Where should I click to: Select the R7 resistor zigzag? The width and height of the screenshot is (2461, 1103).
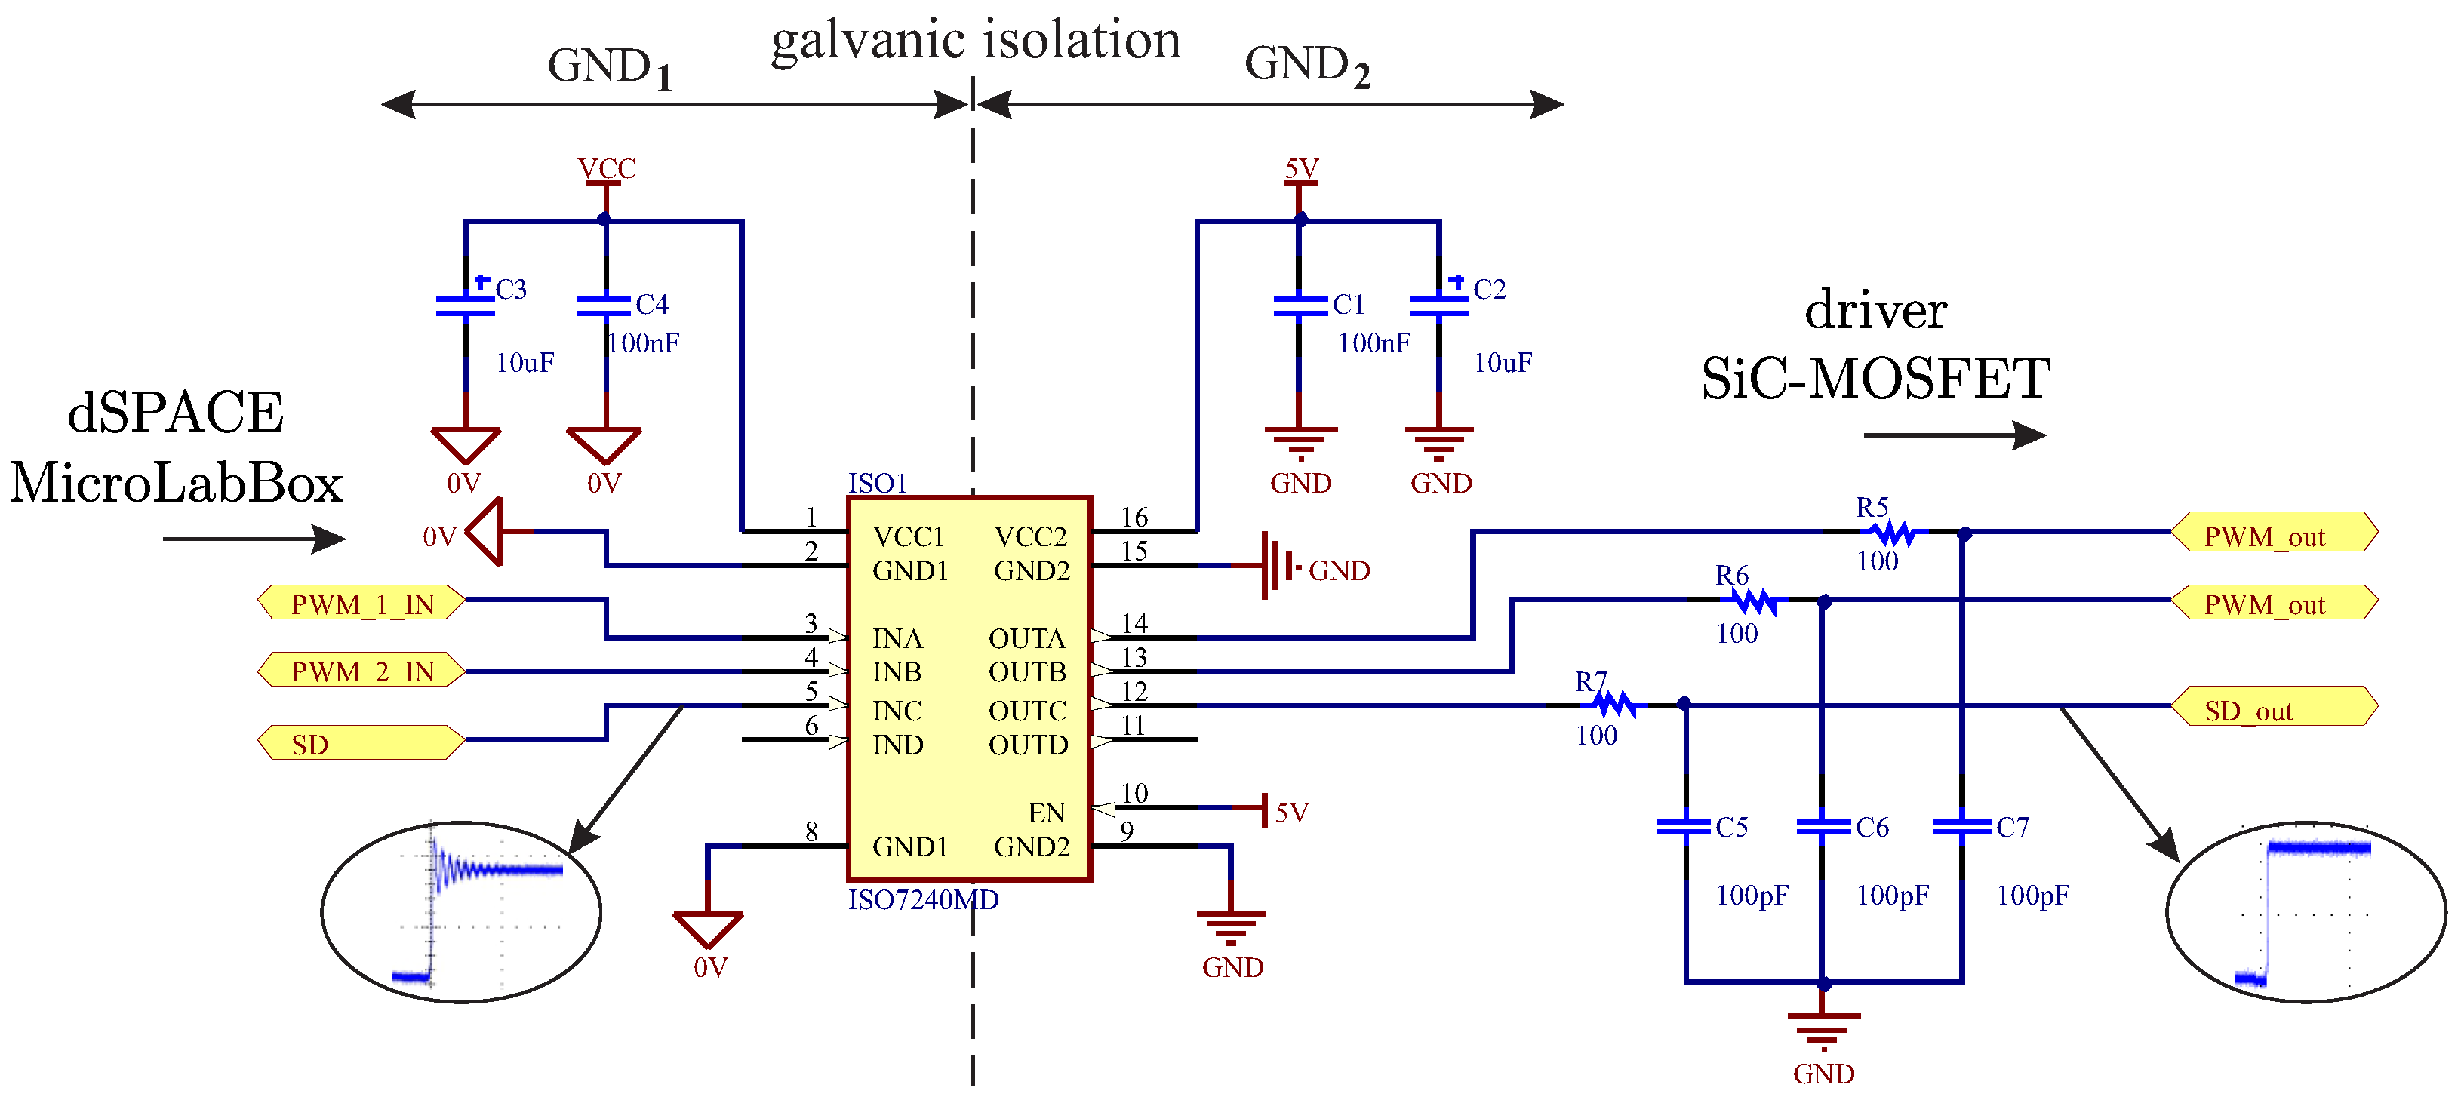pos(1613,705)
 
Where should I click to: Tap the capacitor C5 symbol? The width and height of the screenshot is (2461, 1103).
pos(1684,826)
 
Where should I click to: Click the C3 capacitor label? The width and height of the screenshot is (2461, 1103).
pos(511,290)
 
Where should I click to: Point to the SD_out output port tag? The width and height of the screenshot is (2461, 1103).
pos(2273,707)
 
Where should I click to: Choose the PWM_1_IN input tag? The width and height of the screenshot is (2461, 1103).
pos(361,604)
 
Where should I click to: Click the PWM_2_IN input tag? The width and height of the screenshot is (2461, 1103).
pos(361,671)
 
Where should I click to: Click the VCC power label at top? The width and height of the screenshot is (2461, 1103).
pos(606,169)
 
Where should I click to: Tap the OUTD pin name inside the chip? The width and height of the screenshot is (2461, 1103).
pos(1028,745)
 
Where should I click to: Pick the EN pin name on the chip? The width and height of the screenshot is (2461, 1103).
pos(1046,813)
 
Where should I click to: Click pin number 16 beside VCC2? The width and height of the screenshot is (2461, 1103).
pos(1134,518)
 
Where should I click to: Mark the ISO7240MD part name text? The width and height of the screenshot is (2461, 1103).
pos(923,899)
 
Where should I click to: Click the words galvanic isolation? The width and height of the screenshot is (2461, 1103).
pos(976,41)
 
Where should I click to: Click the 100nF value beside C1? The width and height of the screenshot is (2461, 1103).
pos(1373,343)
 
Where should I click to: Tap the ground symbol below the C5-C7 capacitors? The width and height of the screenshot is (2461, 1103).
pos(1823,1030)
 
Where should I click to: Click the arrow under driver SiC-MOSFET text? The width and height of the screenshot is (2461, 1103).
pos(1954,435)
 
